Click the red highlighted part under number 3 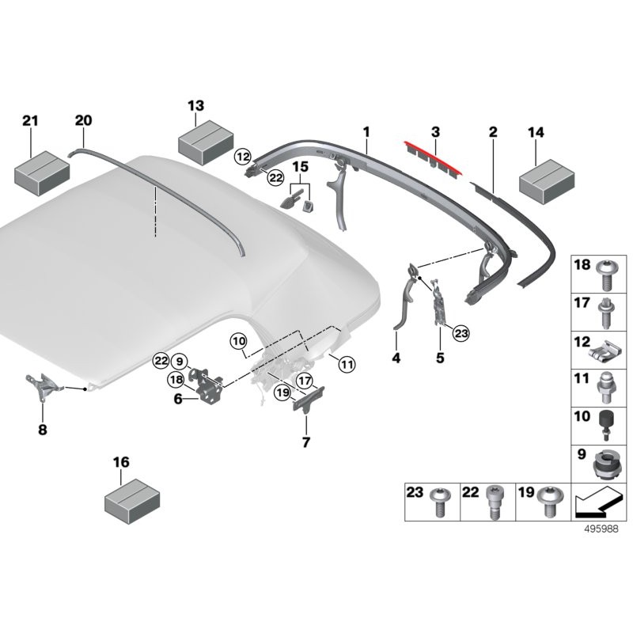pos(434,156)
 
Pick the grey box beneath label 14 pos(546,175)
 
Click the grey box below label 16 pos(132,500)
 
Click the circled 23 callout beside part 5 pos(461,334)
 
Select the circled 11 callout pos(346,365)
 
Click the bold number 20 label pos(83,120)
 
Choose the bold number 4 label pos(396,358)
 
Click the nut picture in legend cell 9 pos(605,465)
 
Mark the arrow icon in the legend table pos(597,502)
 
